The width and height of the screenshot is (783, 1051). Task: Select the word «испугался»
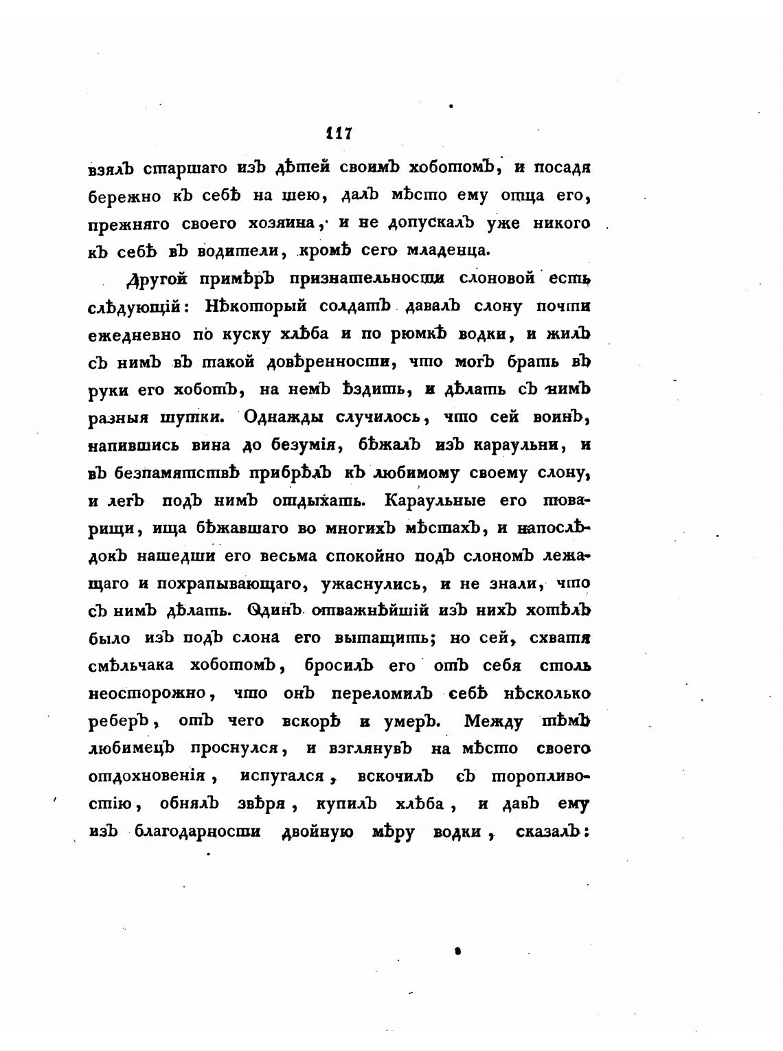(288, 776)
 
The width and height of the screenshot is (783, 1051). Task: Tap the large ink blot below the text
(457, 952)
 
